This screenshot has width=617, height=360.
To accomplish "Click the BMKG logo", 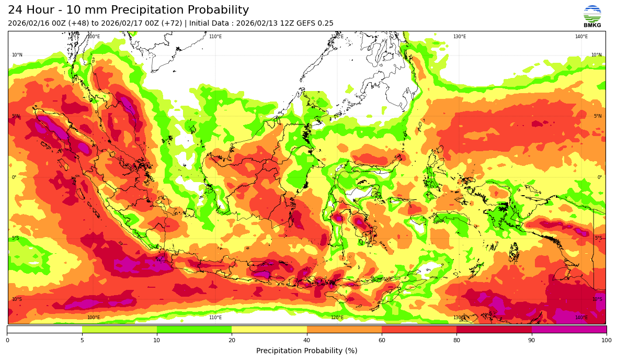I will [592, 16].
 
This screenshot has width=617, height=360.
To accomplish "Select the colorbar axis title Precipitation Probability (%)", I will [306, 351].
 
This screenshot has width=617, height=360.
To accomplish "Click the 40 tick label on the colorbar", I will [306, 340].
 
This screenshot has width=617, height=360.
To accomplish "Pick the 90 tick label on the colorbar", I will [531, 340].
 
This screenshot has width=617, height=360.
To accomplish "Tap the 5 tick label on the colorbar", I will [82, 340].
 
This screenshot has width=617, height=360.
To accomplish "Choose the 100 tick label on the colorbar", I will [606, 340].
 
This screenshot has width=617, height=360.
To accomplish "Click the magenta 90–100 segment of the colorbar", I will [569, 329].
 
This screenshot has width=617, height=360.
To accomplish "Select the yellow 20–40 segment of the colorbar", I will [269, 329].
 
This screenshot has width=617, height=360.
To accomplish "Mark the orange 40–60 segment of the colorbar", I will [344, 329].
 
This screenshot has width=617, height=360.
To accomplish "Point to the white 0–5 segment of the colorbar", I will [44, 329].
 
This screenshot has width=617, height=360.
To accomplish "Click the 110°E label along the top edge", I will [215, 37].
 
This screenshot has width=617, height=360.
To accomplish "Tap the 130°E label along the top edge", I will [459, 37].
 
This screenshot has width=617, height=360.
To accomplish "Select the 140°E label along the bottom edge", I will [581, 318].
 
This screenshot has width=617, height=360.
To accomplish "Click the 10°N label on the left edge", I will [17, 55].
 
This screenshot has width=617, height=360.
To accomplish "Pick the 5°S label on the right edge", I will [598, 238].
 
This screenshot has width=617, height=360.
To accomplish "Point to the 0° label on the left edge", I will [14, 177].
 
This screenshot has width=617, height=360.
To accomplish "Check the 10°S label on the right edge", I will [597, 299].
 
